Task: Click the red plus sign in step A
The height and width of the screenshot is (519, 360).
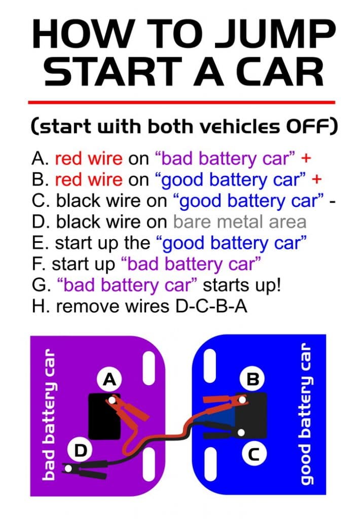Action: [x=306, y=159]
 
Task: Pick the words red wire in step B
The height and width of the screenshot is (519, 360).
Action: [x=89, y=180]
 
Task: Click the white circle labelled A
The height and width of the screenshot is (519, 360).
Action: [x=109, y=379]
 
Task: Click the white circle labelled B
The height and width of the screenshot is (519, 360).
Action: [x=253, y=379]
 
